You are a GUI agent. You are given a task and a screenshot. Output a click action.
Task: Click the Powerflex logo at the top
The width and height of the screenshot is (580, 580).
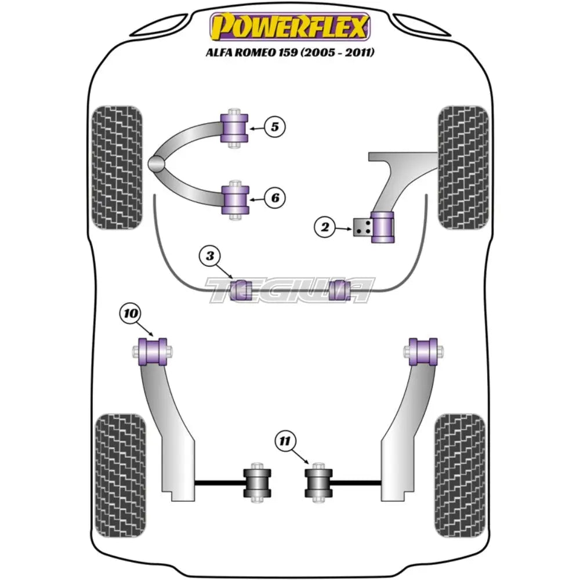coord(289,27)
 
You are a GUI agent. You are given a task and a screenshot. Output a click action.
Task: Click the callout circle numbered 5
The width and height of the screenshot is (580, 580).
coord(275,126)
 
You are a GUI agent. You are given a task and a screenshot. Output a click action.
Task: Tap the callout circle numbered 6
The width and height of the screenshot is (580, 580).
coord(275,198)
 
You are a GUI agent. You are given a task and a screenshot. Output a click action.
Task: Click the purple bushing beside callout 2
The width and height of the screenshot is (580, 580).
coord(382,229)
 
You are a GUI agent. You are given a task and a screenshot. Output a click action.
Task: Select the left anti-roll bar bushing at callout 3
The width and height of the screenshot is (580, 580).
coord(240,289)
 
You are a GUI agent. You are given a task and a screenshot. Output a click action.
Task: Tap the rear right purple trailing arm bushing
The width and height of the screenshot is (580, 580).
coord(423,351)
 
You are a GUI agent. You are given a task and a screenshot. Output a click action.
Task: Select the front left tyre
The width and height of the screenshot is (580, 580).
coord(117,167)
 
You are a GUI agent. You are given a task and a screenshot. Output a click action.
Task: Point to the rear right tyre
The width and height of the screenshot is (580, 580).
coord(460,475)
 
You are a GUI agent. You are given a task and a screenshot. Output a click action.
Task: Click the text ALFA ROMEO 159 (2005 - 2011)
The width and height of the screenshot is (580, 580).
coord(289,53)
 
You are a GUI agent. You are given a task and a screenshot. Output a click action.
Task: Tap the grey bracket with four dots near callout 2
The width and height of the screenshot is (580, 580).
coord(362,228)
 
